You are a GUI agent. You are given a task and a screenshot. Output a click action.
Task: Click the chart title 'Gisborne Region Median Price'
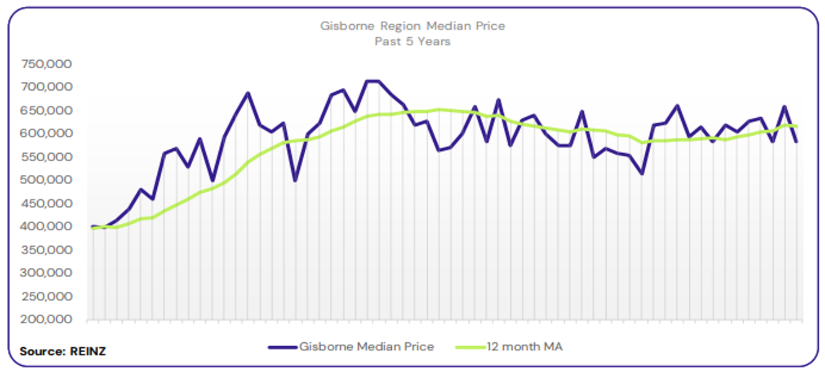click(x=412, y=26)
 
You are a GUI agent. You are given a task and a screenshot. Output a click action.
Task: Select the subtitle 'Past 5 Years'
click(x=412, y=42)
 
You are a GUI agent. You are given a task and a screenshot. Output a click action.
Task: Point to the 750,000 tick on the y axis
click(x=46, y=64)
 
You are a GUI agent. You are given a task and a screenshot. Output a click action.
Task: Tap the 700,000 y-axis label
click(x=46, y=87)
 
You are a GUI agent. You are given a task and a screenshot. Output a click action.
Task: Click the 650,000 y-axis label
click(x=46, y=110)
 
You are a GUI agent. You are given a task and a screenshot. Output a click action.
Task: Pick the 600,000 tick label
click(x=46, y=133)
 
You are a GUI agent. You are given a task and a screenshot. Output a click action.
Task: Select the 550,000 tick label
click(x=46, y=157)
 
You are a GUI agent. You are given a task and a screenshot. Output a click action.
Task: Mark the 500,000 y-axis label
click(x=46, y=180)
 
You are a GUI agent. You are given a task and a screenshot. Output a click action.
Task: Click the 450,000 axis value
click(x=46, y=203)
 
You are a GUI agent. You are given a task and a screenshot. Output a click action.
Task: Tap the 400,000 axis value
click(x=46, y=226)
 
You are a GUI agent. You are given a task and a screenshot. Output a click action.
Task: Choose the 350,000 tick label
click(x=46, y=250)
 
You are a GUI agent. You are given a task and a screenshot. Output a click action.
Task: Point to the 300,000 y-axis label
click(x=46, y=273)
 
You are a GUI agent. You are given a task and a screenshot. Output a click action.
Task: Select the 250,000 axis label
click(x=46, y=296)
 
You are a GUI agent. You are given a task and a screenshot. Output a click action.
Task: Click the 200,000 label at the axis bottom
click(x=46, y=319)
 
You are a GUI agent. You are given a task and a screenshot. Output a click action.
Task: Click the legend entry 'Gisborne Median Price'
click(x=366, y=347)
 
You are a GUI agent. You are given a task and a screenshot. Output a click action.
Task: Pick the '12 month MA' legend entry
click(x=524, y=347)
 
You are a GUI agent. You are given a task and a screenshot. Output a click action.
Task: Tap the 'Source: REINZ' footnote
click(x=63, y=352)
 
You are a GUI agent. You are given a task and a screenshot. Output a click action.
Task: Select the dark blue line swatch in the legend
click(x=283, y=347)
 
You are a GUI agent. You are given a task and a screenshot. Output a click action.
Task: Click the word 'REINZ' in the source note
click(x=87, y=352)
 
